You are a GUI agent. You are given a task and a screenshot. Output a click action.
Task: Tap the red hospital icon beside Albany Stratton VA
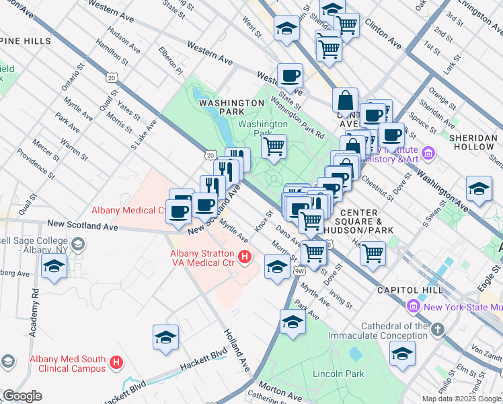pyautogui.click(x=245, y=257)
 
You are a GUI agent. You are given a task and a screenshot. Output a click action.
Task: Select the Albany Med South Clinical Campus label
pyautogui.click(x=67, y=364)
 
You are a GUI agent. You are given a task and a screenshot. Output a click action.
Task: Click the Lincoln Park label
pyautogui.click(x=338, y=373)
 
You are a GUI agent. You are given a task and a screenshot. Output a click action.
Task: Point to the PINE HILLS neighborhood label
pyautogui.click(x=26, y=41)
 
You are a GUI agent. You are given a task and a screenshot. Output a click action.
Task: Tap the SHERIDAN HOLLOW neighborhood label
pyautogui.click(x=474, y=142)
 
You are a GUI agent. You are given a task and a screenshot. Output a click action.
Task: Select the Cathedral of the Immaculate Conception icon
pyautogui.click(x=438, y=330)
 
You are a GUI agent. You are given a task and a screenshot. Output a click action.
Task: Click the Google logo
pyautogui.click(x=22, y=395)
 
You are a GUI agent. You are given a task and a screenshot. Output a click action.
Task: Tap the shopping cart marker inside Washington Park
pyautogui.click(x=274, y=146)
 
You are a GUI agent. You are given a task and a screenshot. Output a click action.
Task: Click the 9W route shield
pyautogui.click(x=299, y=271)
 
